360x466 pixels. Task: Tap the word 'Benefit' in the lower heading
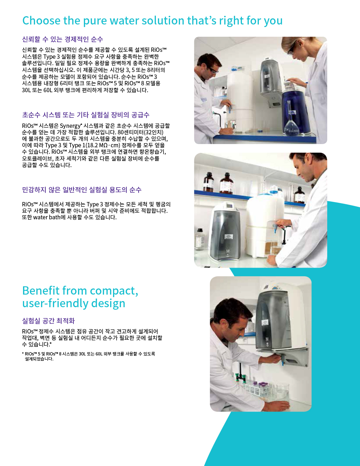click(41, 291)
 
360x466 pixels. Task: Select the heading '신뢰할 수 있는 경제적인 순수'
click(63, 39)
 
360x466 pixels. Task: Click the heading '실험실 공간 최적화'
click(49, 321)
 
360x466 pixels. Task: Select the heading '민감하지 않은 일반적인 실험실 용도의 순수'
click(82, 190)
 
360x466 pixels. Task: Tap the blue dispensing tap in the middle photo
click(275, 228)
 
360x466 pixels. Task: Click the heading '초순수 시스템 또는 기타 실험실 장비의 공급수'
click(86, 115)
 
